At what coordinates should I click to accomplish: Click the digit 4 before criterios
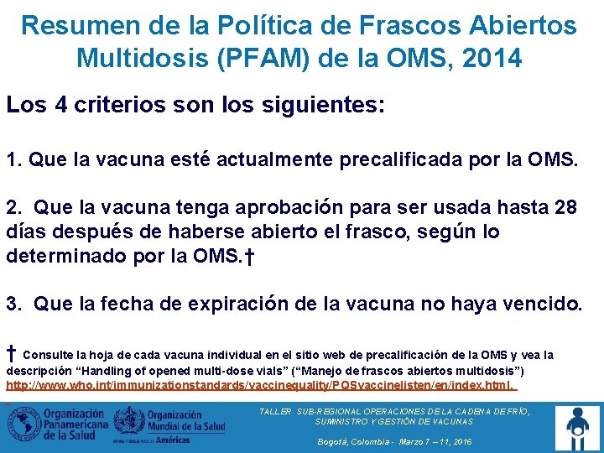pos(60,107)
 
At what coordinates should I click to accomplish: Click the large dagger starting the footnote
pos(12,352)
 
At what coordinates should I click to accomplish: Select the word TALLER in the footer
pos(275,412)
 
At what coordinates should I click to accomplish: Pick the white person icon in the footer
pos(578,425)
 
